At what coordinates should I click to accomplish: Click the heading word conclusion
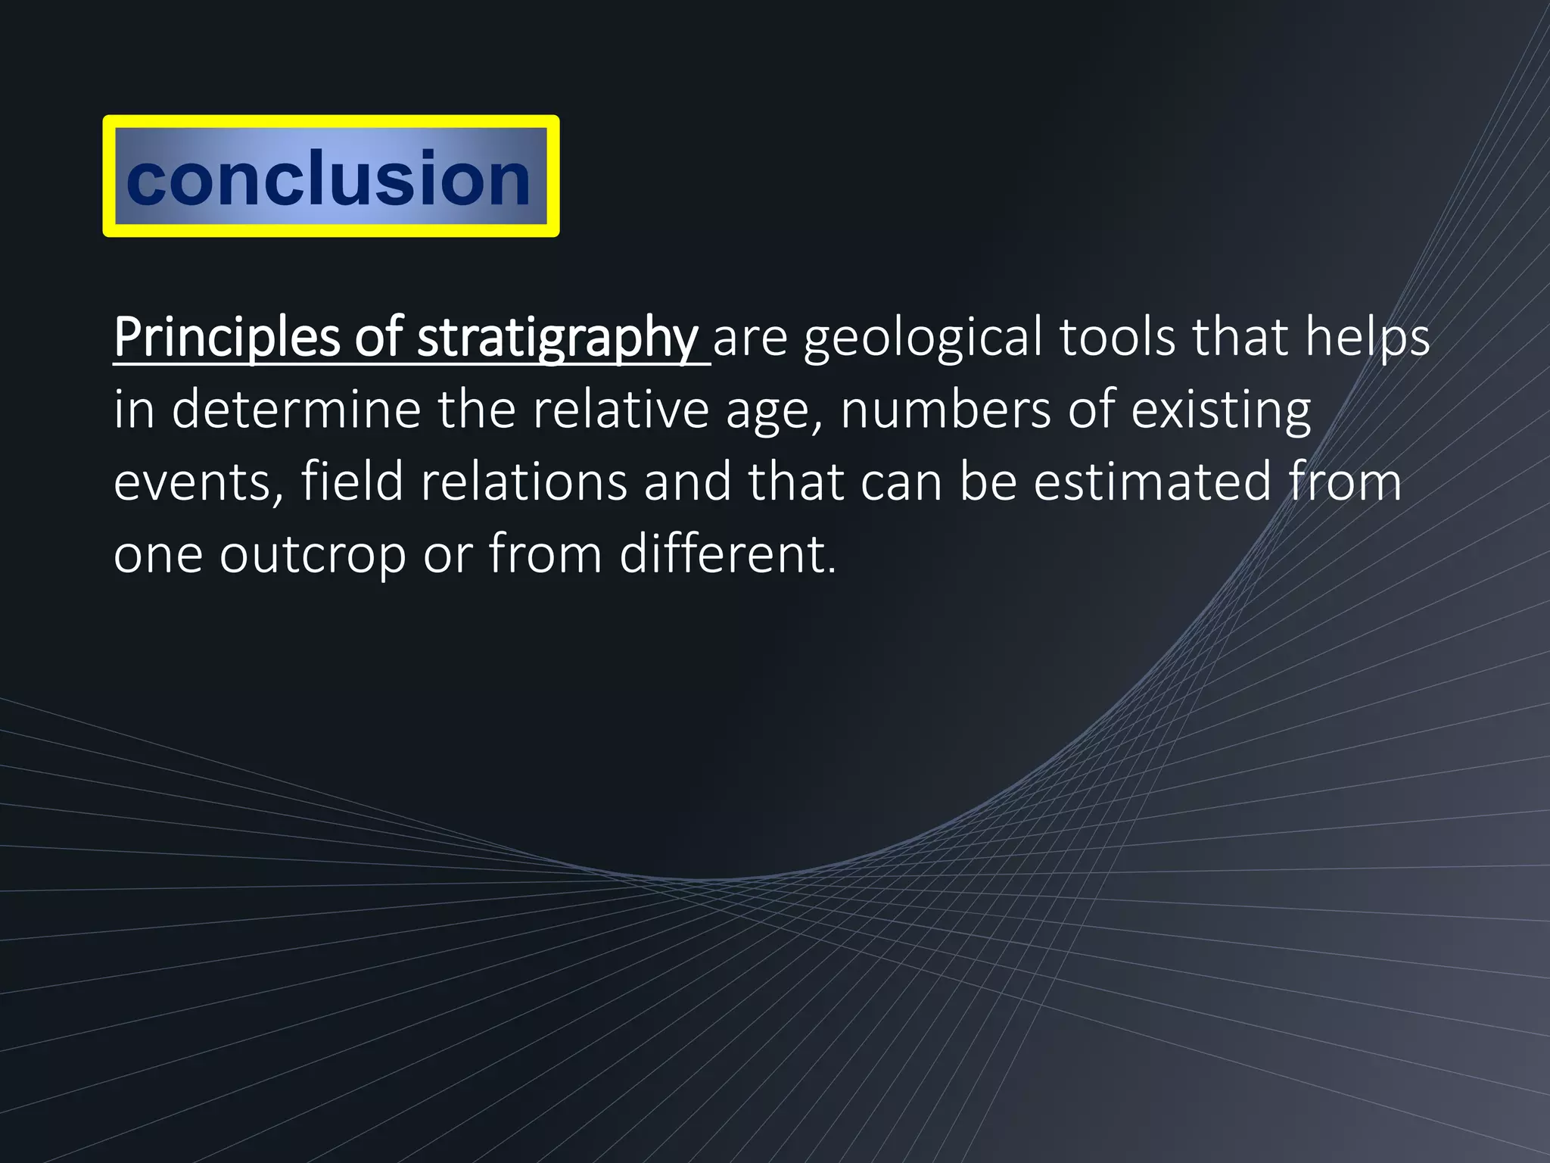[x=328, y=178]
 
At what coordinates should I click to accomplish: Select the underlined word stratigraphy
[x=558, y=338]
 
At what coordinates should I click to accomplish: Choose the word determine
[x=296, y=410]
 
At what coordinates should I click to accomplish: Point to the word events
[x=195, y=482]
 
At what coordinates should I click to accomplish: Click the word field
[x=352, y=482]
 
